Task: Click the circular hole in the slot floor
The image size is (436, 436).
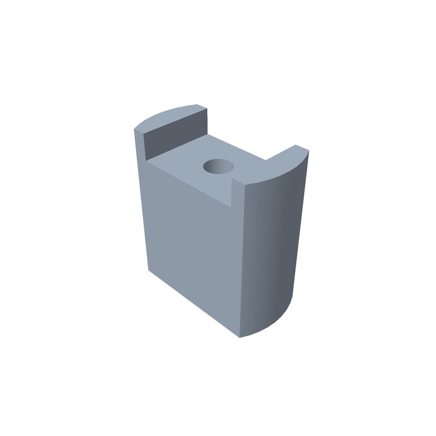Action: (x=218, y=167)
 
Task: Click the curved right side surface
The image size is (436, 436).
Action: (x=271, y=252)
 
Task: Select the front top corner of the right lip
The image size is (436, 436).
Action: (x=245, y=187)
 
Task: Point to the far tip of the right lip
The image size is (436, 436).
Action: (x=296, y=145)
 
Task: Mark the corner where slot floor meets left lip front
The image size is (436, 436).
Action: (x=146, y=160)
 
